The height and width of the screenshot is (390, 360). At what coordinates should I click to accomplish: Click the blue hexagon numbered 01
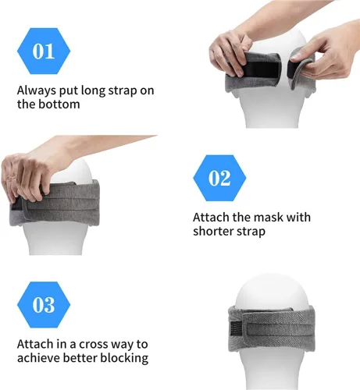[44, 51]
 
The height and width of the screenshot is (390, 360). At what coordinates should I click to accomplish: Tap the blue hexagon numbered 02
[219, 178]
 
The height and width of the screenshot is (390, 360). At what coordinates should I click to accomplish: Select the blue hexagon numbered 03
[44, 305]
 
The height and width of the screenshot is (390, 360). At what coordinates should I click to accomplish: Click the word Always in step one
[37, 91]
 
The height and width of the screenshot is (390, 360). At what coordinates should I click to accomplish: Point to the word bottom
[59, 105]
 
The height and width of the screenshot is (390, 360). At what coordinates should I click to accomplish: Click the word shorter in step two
[213, 231]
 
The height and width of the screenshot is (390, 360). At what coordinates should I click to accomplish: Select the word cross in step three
[93, 345]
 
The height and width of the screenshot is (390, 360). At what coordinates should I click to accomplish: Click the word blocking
[124, 358]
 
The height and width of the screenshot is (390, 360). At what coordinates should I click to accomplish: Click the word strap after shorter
[251, 232]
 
